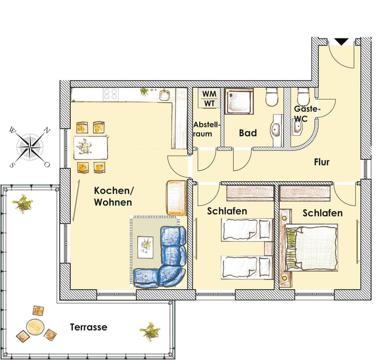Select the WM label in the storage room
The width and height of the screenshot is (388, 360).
coord(209,94)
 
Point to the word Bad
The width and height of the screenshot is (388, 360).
coord(248,133)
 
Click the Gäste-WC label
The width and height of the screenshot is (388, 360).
coord(307,113)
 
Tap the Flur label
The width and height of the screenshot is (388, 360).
coord(322,162)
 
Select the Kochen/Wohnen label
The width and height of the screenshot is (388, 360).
coord(113,196)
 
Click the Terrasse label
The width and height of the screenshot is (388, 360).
coord(89,327)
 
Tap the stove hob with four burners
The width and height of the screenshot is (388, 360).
coord(110,95)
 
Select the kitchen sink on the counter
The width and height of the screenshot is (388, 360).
coord(164,95)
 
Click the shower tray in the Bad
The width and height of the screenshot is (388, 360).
coord(238,101)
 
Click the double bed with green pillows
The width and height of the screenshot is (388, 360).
coord(311,248)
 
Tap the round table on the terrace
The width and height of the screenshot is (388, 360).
coord(35,326)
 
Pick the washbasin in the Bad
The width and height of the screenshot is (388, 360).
coord(276,129)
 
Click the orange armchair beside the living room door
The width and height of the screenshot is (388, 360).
coord(176,198)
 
